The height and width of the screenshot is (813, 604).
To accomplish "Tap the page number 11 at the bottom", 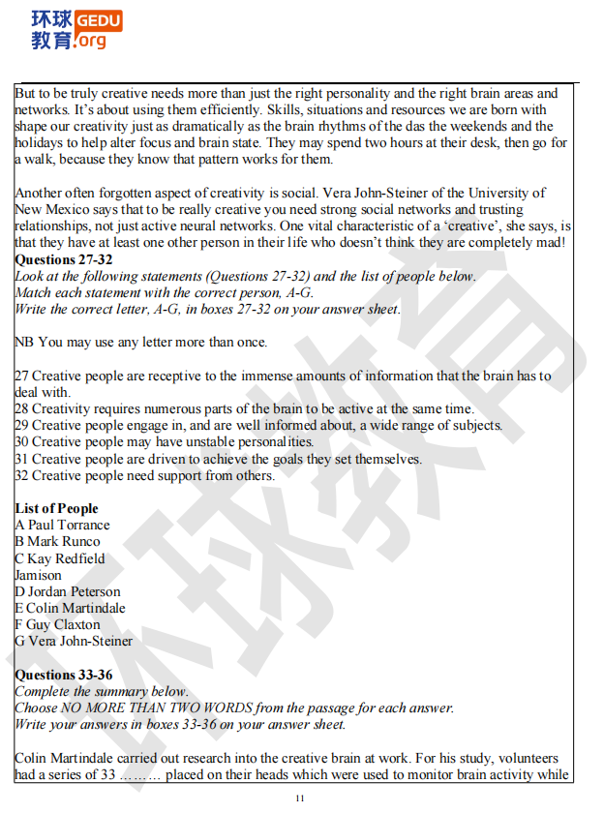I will click(x=300, y=798).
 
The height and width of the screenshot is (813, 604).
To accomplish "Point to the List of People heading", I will click(x=57, y=508).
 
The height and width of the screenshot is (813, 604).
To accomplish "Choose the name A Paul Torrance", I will click(x=63, y=525).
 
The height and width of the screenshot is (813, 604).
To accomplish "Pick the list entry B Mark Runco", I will click(x=58, y=541).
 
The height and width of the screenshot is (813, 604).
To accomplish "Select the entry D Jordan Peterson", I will click(x=68, y=591).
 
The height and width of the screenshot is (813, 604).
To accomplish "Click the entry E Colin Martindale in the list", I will click(x=71, y=608).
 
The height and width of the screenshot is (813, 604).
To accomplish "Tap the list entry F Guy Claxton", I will click(x=58, y=624).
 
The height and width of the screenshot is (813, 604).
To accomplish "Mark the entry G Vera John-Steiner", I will click(x=75, y=641).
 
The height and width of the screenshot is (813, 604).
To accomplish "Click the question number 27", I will click(x=22, y=376).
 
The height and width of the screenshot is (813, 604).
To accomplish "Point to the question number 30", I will click(x=22, y=441).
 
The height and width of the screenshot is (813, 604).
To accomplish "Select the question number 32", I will click(x=22, y=475).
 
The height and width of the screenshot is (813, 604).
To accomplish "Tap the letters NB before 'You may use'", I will click(x=24, y=342).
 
